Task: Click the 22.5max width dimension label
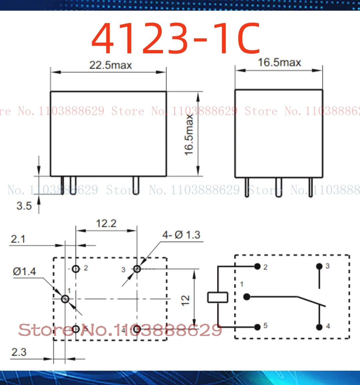110,65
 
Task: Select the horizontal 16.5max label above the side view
279,62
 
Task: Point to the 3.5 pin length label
24,206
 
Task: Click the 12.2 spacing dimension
106,223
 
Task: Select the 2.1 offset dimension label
18,239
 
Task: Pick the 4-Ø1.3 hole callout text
181,235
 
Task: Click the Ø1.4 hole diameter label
24,271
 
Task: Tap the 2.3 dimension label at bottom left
19,352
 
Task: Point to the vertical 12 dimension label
185,300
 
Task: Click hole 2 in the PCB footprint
76,269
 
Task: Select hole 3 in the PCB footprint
137,269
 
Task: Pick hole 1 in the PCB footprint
65,299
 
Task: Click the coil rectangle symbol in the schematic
218,297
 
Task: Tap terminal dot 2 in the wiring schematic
257,266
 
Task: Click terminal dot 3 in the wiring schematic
319,266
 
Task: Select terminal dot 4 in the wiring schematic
319,327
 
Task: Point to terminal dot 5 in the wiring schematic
257,327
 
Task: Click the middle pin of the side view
279,187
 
